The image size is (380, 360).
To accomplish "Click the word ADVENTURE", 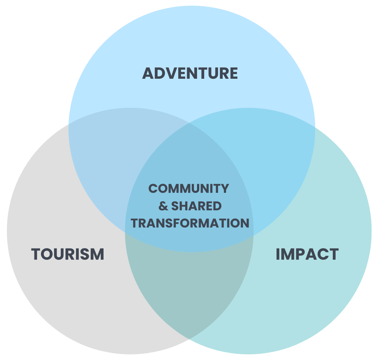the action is tap(190, 73).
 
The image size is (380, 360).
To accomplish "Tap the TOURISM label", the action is tap(68, 254).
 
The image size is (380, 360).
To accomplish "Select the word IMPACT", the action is tap(307, 254).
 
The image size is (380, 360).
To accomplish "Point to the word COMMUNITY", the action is tap(189, 188).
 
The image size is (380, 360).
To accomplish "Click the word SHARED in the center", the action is tap(196, 206).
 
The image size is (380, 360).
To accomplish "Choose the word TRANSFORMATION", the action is tap(190, 223).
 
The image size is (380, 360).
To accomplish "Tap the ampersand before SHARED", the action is tap(163, 206).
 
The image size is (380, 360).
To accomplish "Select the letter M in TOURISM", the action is tap(97, 254).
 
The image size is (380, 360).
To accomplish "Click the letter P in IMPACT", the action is tap(300, 254).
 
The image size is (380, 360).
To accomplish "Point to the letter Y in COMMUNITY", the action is tap(225, 188).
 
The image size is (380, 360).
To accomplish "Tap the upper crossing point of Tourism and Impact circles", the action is tap(189, 123).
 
